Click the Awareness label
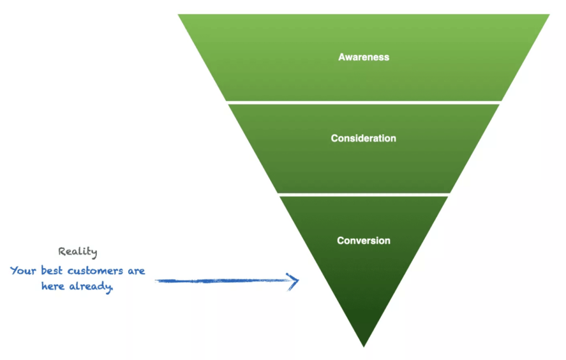pyautogui.click(x=364, y=57)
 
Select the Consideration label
pyautogui.click(x=364, y=138)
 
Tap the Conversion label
pyautogui.click(x=364, y=241)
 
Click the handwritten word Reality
pyautogui.click(x=77, y=252)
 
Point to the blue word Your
pyautogui.click(x=23, y=270)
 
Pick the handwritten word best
pyautogui.click(x=51, y=270)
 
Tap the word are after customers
pyautogui.click(x=137, y=271)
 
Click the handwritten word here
pyautogui.click(x=53, y=286)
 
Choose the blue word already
pyautogui.click(x=91, y=286)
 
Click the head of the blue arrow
pyautogui.click(x=298, y=280)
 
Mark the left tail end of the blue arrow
pyautogui.click(x=155, y=280)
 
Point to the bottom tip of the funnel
pyautogui.click(x=364, y=347)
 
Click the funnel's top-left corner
pyautogui.click(x=179, y=15)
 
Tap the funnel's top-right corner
pyautogui.click(x=549, y=15)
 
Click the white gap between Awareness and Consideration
pyautogui.click(x=364, y=103)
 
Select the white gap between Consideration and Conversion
pyautogui.click(x=364, y=195)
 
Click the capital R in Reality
pyautogui.click(x=61, y=252)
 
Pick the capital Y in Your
pyautogui.click(x=13, y=271)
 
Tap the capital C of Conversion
pyautogui.click(x=340, y=241)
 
